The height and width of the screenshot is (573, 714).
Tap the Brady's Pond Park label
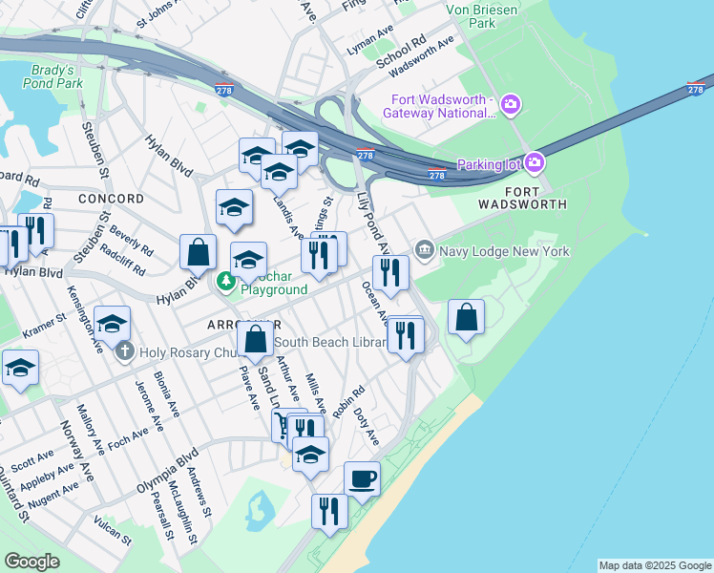[x=52, y=77]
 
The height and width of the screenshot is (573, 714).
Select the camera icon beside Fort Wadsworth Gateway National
[x=511, y=103]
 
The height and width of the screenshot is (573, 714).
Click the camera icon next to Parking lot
[x=534, y=162]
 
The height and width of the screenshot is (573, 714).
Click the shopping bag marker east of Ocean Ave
[x=466, y=318]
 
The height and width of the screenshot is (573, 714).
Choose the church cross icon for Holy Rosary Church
[x=124, y=352]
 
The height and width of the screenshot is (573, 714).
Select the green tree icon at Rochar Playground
[x=226, y=281]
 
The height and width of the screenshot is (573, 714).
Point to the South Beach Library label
[x=330, y=342]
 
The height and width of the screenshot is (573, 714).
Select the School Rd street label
[x=400, y=53]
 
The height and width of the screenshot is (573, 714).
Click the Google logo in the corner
[x=31, y=562]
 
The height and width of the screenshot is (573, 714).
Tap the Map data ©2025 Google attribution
[x=654, y=565]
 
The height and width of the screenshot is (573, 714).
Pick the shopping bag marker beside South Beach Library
[x=255, y=339]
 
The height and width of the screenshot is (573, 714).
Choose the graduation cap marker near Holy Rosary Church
[x=113, y=323]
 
